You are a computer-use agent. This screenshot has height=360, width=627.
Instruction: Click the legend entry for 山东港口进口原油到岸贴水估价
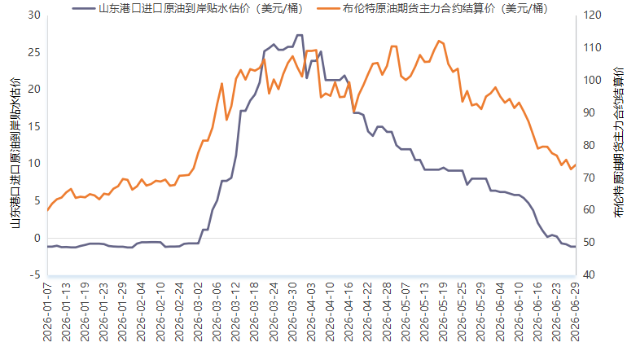tap(188, 8)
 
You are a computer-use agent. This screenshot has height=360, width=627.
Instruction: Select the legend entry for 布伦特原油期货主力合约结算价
tap(432, 8)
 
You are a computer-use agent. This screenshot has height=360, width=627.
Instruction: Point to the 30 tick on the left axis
tap(34, 15)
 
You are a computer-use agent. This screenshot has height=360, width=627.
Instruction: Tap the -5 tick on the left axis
tap(34, 274)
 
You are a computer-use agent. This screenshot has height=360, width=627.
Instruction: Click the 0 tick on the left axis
tap(37, 238)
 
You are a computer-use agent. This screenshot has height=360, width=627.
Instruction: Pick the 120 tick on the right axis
tap(592, 15)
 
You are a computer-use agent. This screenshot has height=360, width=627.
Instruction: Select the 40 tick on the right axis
tap(589, 274)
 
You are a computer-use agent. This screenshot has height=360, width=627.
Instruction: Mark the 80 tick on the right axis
tap(589, 145)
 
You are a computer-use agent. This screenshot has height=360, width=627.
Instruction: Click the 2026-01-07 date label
tap(47, 312)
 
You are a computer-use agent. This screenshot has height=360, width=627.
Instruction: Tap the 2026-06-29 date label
tap(575, 312)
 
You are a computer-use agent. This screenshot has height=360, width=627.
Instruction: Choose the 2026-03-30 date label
tap(292, 312)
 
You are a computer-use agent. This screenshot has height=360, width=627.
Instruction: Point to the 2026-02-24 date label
tap(179, 312)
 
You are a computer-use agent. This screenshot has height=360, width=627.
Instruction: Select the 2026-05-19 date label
tap(443, 312)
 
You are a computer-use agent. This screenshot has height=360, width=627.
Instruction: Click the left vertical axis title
tap(15, 153)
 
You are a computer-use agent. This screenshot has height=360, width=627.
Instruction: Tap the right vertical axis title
tap(618, 143)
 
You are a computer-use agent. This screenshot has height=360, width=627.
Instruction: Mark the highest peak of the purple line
tap(299, 35)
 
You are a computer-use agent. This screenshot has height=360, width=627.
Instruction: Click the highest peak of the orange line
tap(439, 41)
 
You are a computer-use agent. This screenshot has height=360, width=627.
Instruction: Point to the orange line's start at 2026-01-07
tap(47, 210)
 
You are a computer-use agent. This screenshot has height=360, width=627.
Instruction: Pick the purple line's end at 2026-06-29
tap(575, 247)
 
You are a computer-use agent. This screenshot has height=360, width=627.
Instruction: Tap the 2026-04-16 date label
tap(349, 312)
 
